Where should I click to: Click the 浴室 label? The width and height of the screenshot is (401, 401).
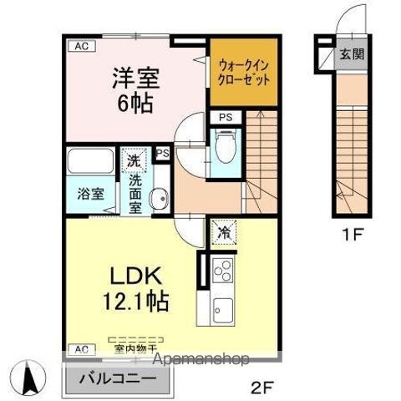92,192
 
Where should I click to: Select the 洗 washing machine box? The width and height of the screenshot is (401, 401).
135,159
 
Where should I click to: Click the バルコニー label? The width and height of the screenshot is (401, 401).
117,378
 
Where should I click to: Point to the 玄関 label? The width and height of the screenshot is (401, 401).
351,55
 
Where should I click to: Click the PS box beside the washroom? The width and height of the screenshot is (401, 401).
163,154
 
